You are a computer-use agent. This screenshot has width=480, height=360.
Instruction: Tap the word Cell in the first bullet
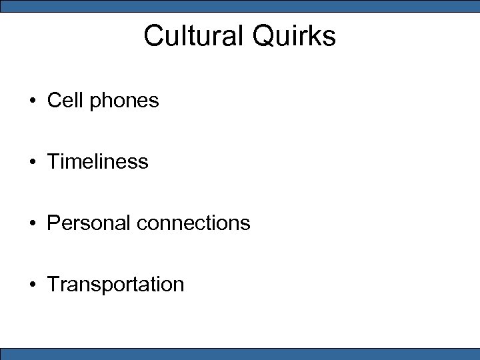click(65, 101)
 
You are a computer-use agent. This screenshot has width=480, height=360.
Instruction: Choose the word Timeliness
click(97, 161)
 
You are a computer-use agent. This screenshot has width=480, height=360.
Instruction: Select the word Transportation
click(115, 284)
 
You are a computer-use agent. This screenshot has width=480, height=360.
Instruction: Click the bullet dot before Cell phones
click(32, 101)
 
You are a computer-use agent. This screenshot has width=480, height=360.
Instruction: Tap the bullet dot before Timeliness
click(32, 162)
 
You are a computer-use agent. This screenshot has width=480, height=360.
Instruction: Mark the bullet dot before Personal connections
click(32, 223)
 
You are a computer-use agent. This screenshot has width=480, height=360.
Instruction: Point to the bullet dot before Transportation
click(32, 285)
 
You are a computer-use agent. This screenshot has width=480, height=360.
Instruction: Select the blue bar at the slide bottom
click(240, 354)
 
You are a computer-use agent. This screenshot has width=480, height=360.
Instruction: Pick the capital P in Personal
click(53, 223)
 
